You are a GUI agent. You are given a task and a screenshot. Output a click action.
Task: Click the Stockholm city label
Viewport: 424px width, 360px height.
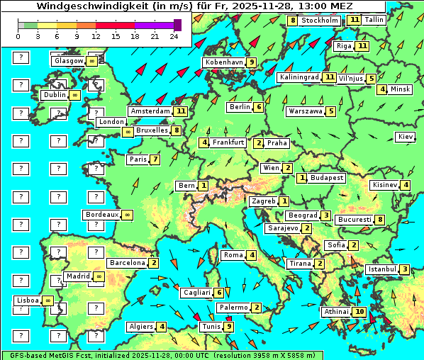tap(320, 21)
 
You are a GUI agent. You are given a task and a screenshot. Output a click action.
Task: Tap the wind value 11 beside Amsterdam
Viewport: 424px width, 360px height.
tap(181, 111)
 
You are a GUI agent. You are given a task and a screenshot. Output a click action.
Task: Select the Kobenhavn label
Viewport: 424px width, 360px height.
tap(223, 62)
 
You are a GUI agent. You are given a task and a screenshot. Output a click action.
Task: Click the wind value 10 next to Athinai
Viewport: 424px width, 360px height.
tap(359, 312)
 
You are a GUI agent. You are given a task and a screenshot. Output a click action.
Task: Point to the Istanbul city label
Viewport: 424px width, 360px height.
tap(382, 269)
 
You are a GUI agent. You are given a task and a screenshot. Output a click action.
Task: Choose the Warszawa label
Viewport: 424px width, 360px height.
tap(306, 111)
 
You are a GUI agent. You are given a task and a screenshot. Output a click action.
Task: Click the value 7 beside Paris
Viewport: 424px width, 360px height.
tap(155, 159)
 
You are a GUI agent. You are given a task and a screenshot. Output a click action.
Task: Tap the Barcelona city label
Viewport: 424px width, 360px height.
tap(127, 263)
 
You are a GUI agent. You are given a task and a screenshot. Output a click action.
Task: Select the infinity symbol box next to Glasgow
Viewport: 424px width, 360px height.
tap(92, 61)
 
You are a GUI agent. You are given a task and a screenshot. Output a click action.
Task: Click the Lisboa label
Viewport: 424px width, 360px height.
tap(28, 300)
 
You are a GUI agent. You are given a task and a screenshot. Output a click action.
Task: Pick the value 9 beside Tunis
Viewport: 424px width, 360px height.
tap(228, 327)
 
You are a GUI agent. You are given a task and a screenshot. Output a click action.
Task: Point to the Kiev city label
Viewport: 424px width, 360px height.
tap(406, 137)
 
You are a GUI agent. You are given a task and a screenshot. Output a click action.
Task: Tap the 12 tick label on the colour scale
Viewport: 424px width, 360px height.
tap(96, 35)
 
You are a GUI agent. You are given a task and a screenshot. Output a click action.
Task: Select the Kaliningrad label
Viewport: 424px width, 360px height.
tap(299, 77)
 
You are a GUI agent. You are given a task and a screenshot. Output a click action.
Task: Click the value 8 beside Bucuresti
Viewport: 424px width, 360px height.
tap(380, 220)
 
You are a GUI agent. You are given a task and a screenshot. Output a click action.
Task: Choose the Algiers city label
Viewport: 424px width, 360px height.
tap(141, 327)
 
